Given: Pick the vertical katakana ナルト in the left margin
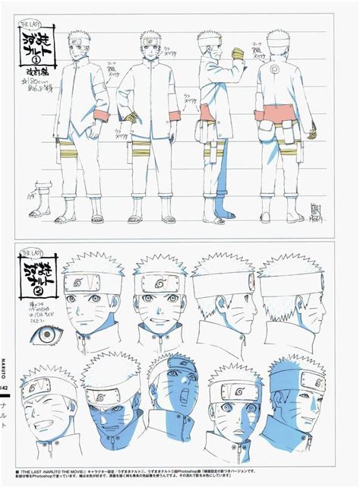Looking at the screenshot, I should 5,421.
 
